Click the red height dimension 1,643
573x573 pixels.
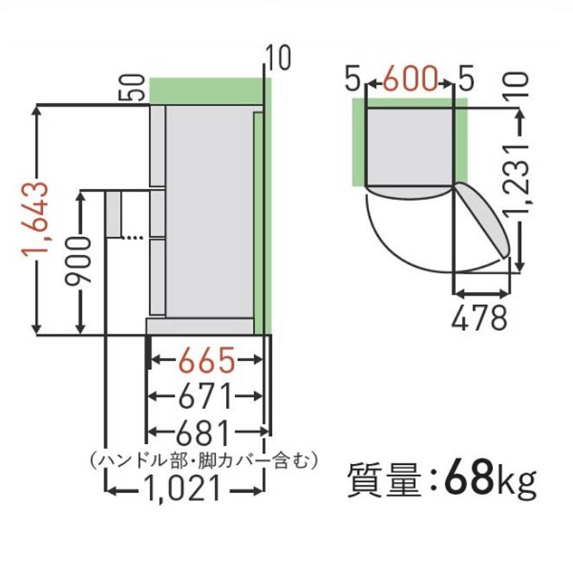point(35,219)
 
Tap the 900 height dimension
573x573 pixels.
point(77,261)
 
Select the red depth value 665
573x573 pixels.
point(206,360)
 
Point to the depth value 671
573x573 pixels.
point(205,395)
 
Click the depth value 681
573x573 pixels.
point(204,432)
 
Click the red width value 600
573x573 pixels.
point(410,78)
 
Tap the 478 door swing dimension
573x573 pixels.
point(479,317)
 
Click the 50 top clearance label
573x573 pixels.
point(132,87)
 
